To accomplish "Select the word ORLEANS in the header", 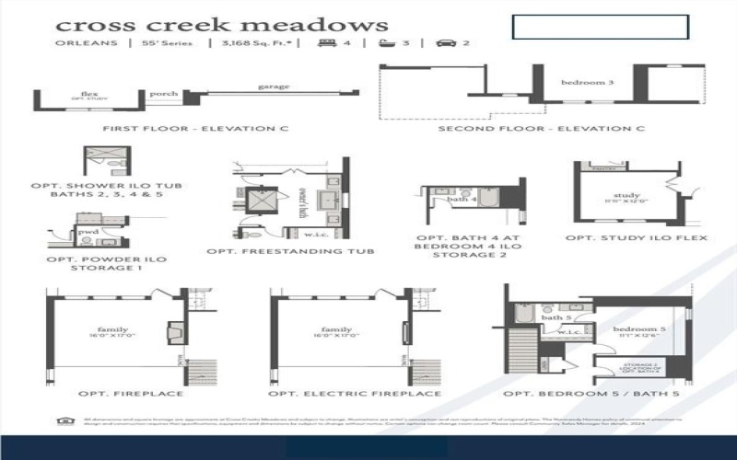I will tap(87, 43).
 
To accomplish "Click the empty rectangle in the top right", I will tap(600, 27).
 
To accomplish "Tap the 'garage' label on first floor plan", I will tap(274, 87).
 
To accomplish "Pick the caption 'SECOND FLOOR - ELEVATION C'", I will tap(541, 129).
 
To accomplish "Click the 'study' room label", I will tap(626, 195).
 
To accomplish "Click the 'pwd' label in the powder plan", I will tap(88, 232).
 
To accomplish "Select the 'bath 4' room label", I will tap(462, 199).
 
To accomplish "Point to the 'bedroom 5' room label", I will tap(635, 328).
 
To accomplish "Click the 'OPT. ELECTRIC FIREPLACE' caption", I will tap(355, 394).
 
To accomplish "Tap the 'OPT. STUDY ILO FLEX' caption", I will tap(637, 238).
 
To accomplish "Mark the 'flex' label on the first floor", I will tap(89, 93).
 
